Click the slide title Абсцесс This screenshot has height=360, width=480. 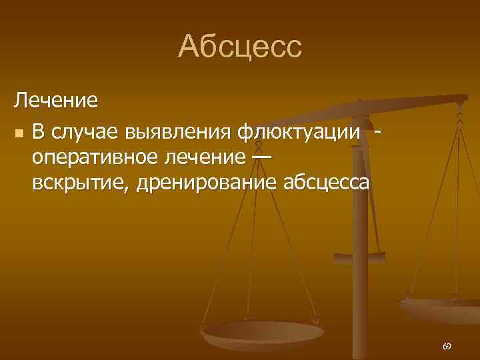(x=240, y=47)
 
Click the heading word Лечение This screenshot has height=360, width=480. (x=57, y=102)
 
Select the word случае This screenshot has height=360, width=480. (x=84, y=132)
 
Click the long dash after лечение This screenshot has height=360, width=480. (x=262, y=157)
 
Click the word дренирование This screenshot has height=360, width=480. (x=207, y=182)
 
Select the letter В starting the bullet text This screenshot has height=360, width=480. (x=39, y=132)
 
